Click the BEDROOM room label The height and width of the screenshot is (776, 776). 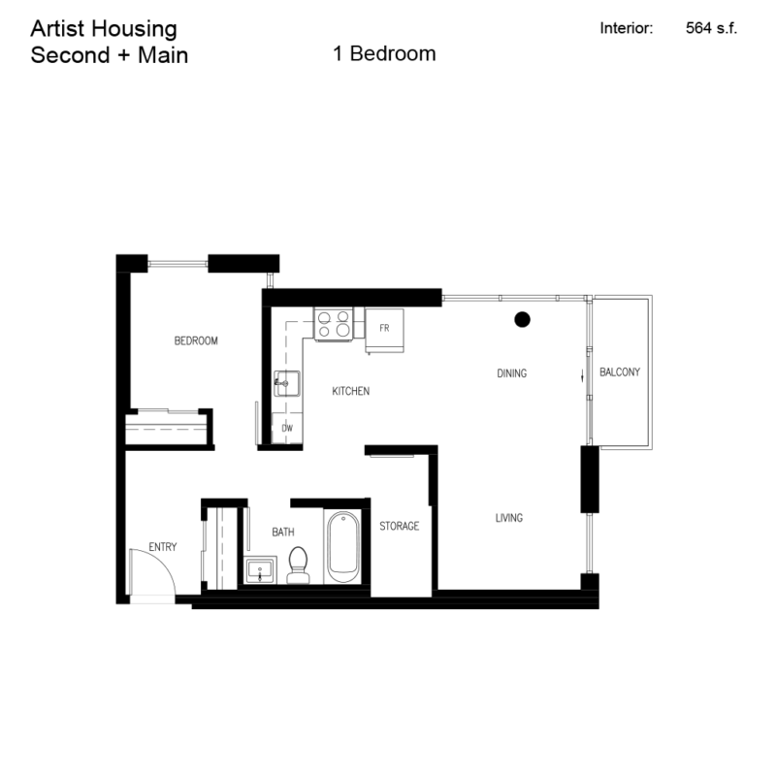(x=196, y=340)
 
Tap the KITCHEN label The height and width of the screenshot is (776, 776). (x=350, y=391)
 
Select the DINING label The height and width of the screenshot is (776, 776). (x=511, y=373)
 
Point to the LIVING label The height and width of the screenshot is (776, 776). (x=508, y=518)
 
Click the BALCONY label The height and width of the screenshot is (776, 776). (x=620, y=372)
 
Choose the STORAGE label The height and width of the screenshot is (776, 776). (x=399, y=526)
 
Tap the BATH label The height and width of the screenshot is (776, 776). (x=282, y=533)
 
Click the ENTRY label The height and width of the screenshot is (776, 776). (x=162, y=547)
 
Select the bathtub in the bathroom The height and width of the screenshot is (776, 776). (x=343, y=548)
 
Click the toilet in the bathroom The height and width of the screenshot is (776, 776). (x=298, y=564)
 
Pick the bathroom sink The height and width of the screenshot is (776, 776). (x=259, y=571)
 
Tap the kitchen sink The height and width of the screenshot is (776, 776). (x=286, y=384)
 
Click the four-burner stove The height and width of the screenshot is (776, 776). (x=333, y=323)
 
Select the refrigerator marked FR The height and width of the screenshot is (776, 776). (x=384, y=330)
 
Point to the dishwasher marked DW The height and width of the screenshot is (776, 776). (x=287, y=427)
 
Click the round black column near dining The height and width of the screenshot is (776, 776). (x=522, y=317)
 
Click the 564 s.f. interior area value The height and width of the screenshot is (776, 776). (x=711, y=28)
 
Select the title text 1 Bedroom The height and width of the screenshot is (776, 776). (x=384, y=54)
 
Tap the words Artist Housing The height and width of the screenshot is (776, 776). (x=104, y=28)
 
